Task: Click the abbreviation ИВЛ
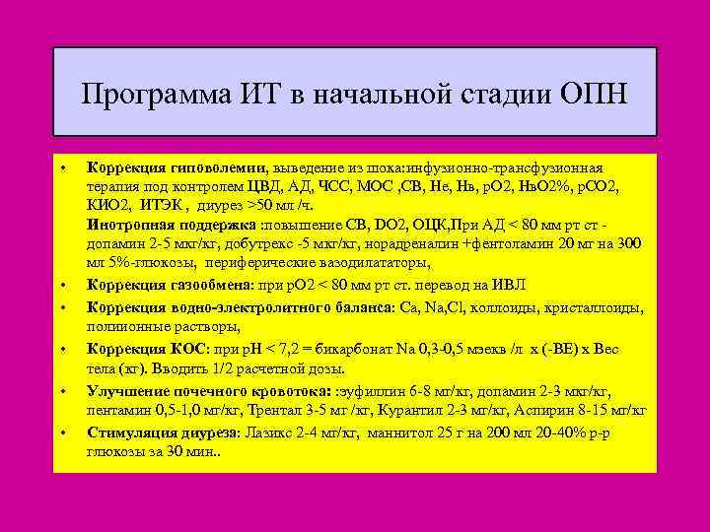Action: pyautogui.click(x=507, y=285)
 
